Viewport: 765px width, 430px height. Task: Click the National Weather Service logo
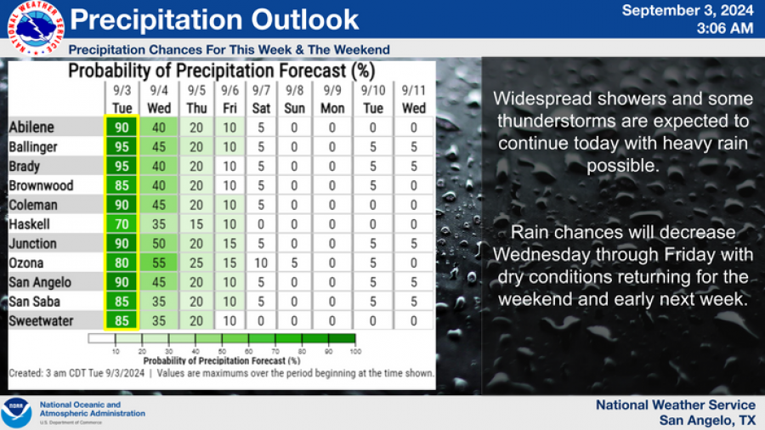[x=33, y=28]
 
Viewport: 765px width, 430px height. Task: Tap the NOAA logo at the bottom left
[x=16, y=412]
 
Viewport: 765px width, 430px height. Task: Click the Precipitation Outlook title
[x=213, y=20]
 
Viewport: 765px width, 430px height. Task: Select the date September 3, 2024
[x=688, y=11]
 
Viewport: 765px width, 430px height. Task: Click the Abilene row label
[x=31, y=127]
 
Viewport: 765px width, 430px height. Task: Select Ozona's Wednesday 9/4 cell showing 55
[x=158, y=263]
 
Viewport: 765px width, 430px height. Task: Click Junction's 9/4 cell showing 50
[x=158, y=244]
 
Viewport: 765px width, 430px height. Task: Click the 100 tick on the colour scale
[x=354, y=351]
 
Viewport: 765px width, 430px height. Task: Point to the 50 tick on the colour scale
[x=222, y=351]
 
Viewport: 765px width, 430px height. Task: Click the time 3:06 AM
[x=724, y=29]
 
